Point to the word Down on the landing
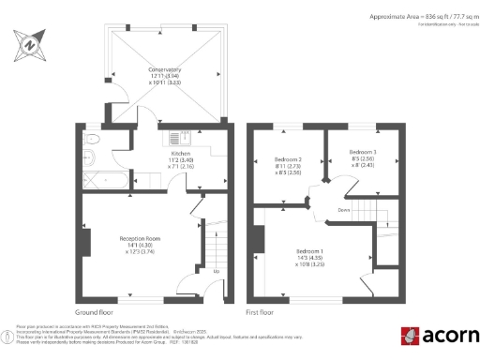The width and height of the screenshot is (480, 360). tap(343, 211)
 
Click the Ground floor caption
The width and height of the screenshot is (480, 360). tap(94, 310)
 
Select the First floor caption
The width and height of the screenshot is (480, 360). tap(260, 310)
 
